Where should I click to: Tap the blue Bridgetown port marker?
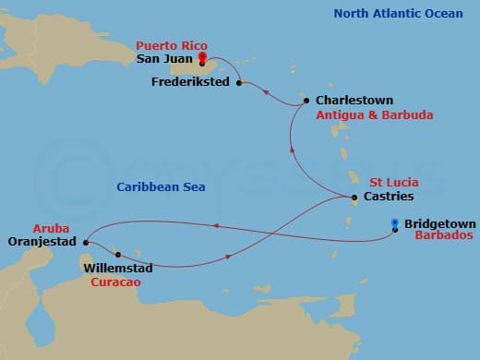395,222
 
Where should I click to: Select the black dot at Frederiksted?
239,83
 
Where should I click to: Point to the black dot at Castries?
354,198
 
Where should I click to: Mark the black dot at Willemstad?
118,254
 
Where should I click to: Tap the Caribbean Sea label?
160,187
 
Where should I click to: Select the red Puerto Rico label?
172,45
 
